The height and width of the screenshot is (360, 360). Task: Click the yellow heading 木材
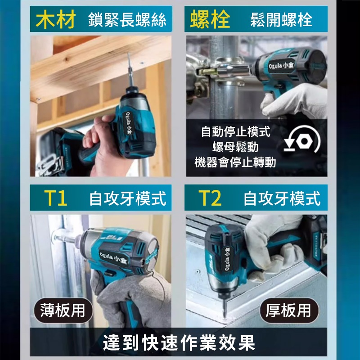click(x=56, y=19)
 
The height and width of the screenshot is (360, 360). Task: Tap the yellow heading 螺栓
click(x=210, y=19)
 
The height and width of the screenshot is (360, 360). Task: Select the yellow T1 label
click(x=56, y=198)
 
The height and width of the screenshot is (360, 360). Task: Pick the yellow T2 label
click(x=210, y=198)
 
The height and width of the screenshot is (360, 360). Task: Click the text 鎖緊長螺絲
click(x=127, y=20)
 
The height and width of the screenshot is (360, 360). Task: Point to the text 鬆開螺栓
click(x=281, y=20)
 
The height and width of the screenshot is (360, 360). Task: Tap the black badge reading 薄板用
click(x=63, y=310)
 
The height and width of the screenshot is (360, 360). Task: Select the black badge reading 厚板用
click(x=289, y=310)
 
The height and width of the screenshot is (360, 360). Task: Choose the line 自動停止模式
click(x=236, y=131)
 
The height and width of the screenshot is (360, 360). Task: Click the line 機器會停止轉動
click(x=235, y=162)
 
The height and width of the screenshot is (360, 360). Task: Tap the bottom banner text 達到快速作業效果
click(x=179, y=343)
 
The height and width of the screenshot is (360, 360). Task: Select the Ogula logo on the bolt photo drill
click(x=281, y=66)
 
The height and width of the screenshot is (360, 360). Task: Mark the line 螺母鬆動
click(x=235, y=147)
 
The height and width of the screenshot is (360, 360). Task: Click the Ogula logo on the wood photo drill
click(x=129, y=123)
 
